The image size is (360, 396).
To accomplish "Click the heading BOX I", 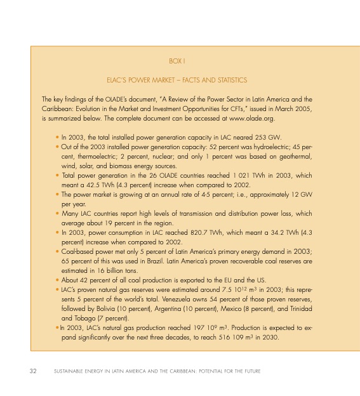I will tap(177, 61).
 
